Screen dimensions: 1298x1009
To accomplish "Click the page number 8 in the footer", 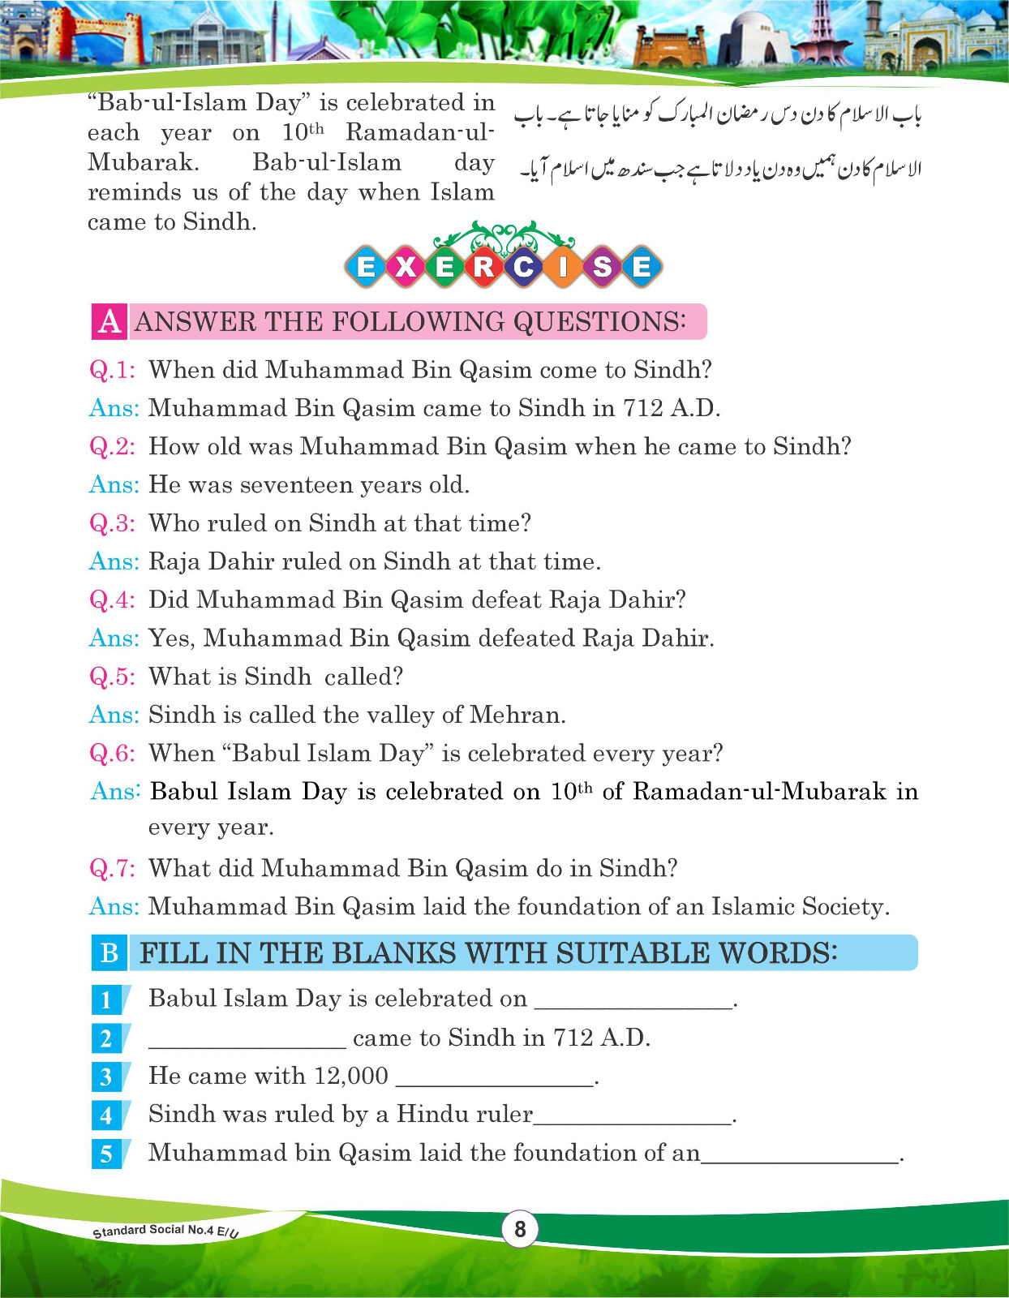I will click(520, 1229).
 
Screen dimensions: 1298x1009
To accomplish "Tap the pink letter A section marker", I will click(109, 322).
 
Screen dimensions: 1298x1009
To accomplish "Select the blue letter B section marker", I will click(109, 952).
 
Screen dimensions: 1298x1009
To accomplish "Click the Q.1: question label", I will click(112, 370).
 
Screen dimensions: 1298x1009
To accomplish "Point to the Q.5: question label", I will click(112, 677).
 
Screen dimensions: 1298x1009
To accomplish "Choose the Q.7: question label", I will click(112, 868).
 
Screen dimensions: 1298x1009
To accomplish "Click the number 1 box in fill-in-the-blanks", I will click(107, 999).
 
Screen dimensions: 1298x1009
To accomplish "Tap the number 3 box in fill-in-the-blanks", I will click(107, 1077).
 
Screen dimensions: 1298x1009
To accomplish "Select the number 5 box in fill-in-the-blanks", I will click(107, 1154).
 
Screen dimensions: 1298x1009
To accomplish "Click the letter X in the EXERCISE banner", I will click(405, 266).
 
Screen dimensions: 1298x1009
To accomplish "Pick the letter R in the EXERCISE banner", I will click(483, 266).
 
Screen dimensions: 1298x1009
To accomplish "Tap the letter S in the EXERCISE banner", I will click(602, 266).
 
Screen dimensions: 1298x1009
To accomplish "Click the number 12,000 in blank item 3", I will click(350, 1076).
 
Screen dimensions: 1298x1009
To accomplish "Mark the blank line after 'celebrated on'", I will click(633, 1006).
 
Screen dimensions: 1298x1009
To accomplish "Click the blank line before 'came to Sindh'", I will click(247, 1045).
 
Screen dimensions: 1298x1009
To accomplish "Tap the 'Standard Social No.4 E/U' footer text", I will click(165, 1231).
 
